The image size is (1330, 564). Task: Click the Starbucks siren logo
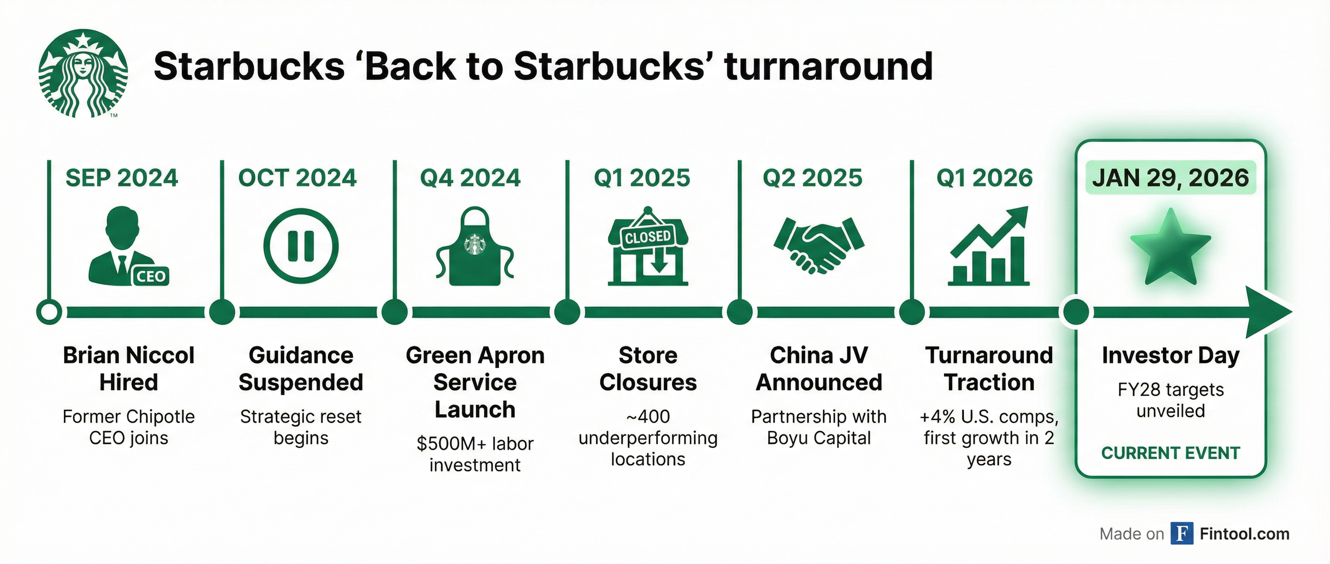pos(83,73)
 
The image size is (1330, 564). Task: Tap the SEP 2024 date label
pos(122,178)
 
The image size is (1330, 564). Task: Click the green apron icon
pos(474,247)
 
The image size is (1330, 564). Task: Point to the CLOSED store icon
pos(648,247)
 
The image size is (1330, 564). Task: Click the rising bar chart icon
pos(989,247)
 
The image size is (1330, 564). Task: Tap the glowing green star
pos(1170,247)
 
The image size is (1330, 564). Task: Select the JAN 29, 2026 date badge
pos(1170,178)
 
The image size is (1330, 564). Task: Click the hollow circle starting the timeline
pos(49,312)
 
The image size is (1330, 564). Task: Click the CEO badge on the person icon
pos(150,276)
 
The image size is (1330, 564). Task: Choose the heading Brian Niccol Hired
pos(128,369)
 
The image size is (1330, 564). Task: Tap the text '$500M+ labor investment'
pos(474,454)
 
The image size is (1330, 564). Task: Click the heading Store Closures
pos(648,369)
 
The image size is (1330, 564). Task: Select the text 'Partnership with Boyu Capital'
pos(819,427)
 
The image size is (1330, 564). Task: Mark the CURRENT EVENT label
pos(1170,453)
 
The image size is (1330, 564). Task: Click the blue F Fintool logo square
pos(1182,533)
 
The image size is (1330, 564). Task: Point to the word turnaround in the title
pos(829,67)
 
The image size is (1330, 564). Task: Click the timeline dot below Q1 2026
pos(912,312)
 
